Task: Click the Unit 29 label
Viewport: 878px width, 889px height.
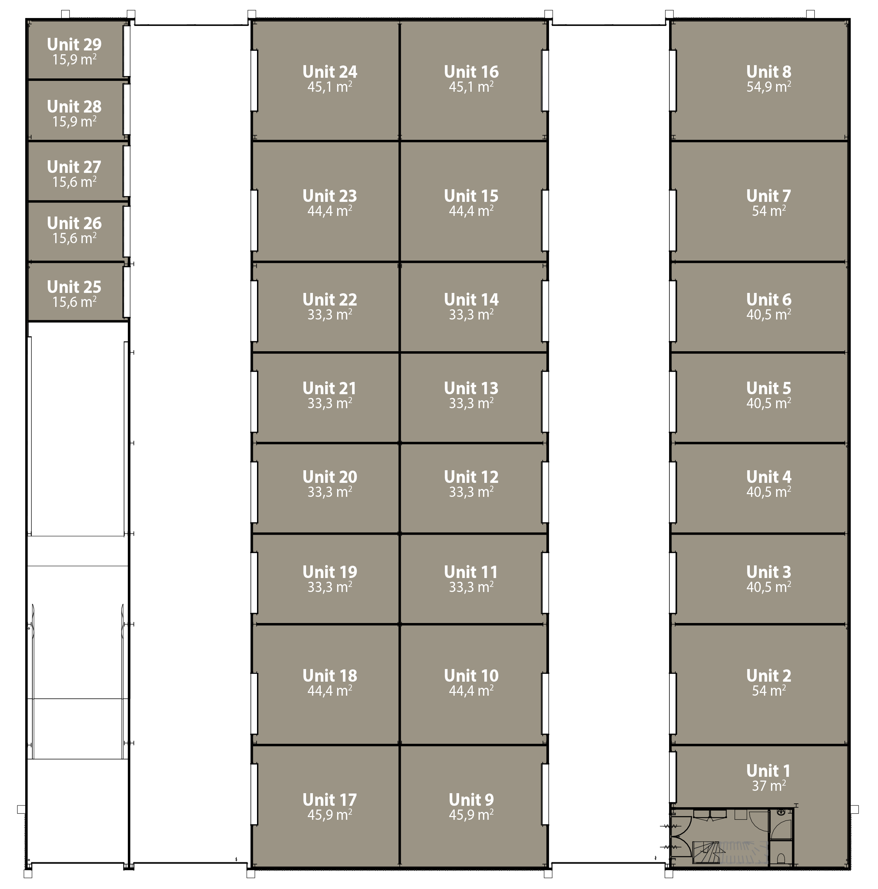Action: (74, 45)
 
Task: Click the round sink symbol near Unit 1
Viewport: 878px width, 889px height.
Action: (781, 813)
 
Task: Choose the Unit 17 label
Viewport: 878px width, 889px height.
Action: (330, 800)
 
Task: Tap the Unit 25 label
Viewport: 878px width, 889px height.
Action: (74, 287)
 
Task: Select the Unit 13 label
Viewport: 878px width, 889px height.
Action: (471, 388)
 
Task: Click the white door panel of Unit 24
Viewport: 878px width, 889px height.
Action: (254, 80)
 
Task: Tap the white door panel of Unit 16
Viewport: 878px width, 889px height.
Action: (545, 80)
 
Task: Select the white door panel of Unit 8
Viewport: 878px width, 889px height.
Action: (672, 80)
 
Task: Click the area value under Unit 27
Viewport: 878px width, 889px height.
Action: (74, 182)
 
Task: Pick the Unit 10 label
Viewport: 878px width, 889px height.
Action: (471, 676)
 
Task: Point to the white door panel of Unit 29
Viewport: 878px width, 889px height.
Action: (126, 50)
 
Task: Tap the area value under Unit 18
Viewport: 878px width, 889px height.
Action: (330, 691)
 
